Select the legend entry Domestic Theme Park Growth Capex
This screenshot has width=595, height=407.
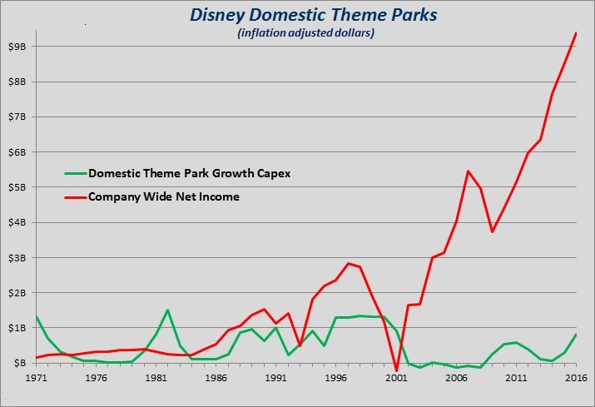(178, 174)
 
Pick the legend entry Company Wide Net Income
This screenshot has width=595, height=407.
(163, 196)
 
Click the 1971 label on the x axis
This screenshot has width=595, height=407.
(35, 378)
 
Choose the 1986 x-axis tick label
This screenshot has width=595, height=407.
(216, 378)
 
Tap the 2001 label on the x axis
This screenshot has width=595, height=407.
(396, 378)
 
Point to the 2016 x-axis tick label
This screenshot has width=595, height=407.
(576, 378)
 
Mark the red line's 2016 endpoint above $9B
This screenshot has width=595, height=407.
(577, 33)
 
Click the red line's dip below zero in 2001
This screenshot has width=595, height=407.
(397, 370)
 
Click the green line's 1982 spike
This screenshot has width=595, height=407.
(168, 310)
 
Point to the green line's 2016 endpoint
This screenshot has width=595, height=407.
(577, 335)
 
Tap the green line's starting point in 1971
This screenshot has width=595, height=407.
(36, 317)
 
